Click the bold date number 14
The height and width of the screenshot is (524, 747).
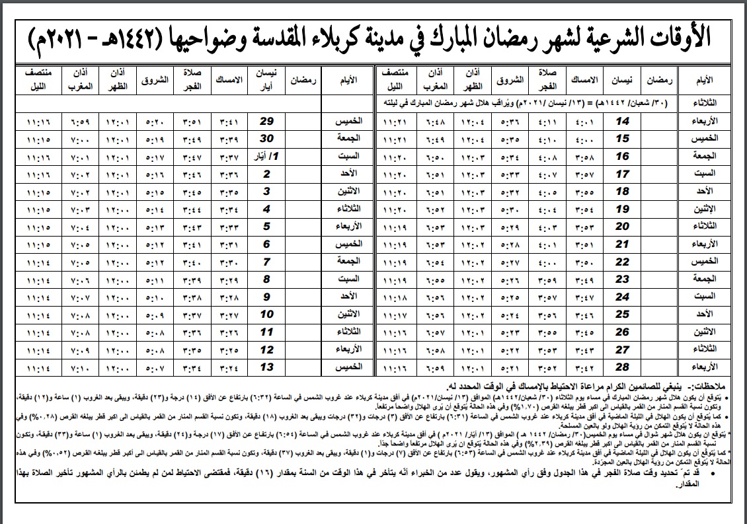pyautogui.click(x=622, y=121)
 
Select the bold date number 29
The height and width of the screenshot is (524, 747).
pyautogui.click(x=266, y=121)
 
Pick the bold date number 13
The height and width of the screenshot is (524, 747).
pyautogui.click(x=266, y=367)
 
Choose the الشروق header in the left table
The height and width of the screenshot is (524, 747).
pyautogui.click(x=157, y=80)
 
